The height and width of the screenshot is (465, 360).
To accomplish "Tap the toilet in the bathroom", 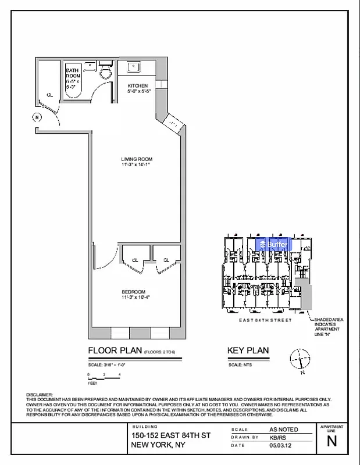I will pyautogui.click(x=105, y=71).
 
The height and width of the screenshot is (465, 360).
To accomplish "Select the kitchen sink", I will pyautogui.click(x=134, y=67).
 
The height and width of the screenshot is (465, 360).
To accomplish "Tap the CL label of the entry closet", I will pyautogui.click(x=50, y=95).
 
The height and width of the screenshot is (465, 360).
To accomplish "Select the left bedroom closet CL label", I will pyautogui.click(x=134, y=260).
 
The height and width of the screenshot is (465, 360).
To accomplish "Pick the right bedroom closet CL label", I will pyautogui.click(x=166, y=260).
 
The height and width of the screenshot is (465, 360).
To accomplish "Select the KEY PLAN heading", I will pyautogui.click(x=247, y=350).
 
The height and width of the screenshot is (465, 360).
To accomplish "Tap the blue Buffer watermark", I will pyautogui.click(x=273, y=245).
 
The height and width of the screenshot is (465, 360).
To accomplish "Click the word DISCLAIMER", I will pyautogui.click(x=40, y=395).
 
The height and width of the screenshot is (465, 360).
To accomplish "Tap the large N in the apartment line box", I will pyautogui.click(x=332, y=441).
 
